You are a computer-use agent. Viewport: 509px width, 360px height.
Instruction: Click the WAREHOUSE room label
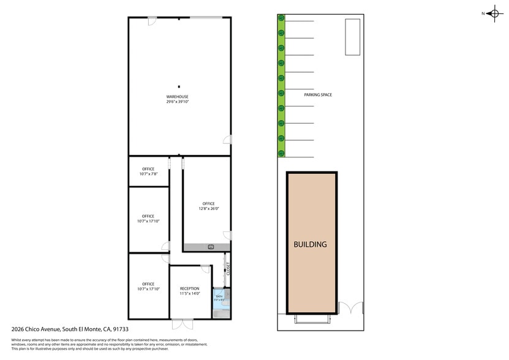click(177, 97)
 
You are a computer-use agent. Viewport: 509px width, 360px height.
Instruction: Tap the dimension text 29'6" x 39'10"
click(177, 102)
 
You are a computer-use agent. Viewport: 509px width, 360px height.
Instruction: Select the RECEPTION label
click(189, 288)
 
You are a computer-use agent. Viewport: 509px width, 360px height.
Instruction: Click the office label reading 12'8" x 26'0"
click(208, 208)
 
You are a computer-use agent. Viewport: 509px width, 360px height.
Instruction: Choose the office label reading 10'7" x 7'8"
click(148, 174)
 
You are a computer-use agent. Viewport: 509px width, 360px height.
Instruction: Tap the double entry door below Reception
click(182, 324)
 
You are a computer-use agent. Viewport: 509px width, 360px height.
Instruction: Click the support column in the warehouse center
click(179, 86)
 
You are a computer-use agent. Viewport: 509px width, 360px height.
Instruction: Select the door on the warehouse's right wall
click(228, 140)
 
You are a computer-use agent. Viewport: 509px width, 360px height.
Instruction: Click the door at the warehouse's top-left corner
click(152, 21)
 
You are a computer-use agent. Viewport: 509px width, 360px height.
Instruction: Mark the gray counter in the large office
click(207, 247)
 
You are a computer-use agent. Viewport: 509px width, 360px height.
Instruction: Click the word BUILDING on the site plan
click(310, 244)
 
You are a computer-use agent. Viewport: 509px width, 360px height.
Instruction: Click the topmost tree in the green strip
click(281, 18)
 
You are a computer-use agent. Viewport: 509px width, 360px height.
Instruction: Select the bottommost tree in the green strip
click(281, 153)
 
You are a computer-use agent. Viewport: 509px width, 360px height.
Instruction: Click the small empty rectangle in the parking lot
click(352, 36)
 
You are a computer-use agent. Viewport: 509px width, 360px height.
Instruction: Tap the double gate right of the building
click(352, 309)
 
